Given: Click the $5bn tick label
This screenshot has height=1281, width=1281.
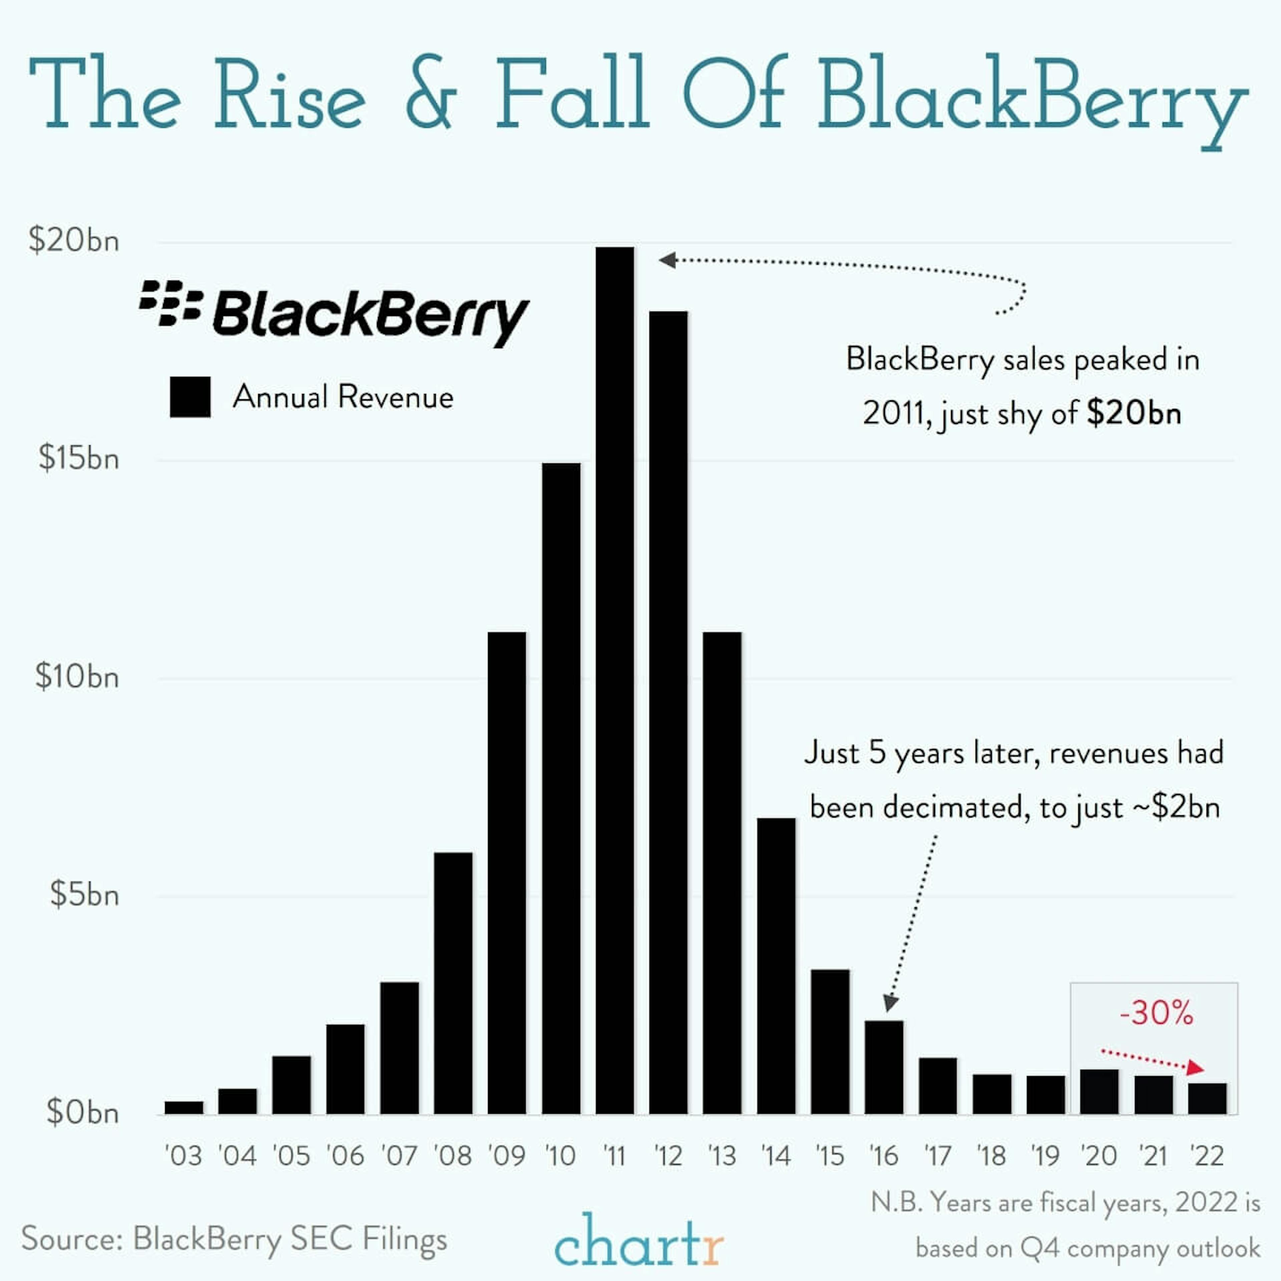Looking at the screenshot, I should pyautogui.click(x=84, y=895).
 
